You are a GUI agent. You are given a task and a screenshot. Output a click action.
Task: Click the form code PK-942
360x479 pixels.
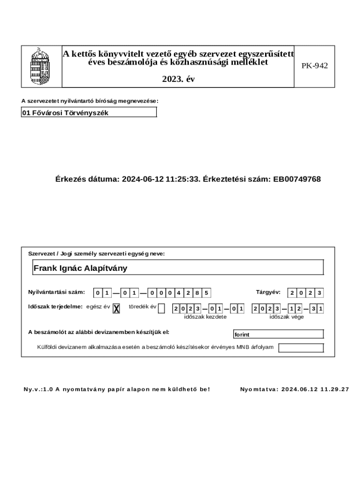coord(314,66)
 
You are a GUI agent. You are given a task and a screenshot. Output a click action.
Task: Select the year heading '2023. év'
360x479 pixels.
coord(178,80)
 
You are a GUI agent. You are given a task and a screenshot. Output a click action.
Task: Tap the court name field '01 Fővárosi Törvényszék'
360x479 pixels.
coord(89,113)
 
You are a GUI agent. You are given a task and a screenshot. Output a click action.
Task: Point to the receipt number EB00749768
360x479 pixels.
coord(297,179)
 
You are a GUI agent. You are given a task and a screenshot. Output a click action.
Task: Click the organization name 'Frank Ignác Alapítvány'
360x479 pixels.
coord(80,269)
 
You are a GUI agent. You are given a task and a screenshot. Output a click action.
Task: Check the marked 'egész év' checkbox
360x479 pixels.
coord(116,308)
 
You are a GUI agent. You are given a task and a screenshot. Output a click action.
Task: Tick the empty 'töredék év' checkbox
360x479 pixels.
coord(161,308)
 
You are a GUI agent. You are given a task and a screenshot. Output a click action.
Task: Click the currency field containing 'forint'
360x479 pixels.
coord(278,334)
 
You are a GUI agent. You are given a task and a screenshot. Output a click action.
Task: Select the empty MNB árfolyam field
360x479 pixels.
coord(301,348)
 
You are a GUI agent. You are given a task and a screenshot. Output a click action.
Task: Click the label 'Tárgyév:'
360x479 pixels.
coord(268,292)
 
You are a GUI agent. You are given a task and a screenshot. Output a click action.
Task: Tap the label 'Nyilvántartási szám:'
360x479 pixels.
coord(57,292)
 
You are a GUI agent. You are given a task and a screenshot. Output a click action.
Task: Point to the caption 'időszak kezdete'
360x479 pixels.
coord(205,317)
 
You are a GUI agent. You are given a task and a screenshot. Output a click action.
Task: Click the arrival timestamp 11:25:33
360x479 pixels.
coord(183,179)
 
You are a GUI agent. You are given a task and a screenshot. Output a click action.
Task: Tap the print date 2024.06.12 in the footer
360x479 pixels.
coord(298,389)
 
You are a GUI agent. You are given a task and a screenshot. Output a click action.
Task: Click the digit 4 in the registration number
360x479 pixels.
coord(177,293)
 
